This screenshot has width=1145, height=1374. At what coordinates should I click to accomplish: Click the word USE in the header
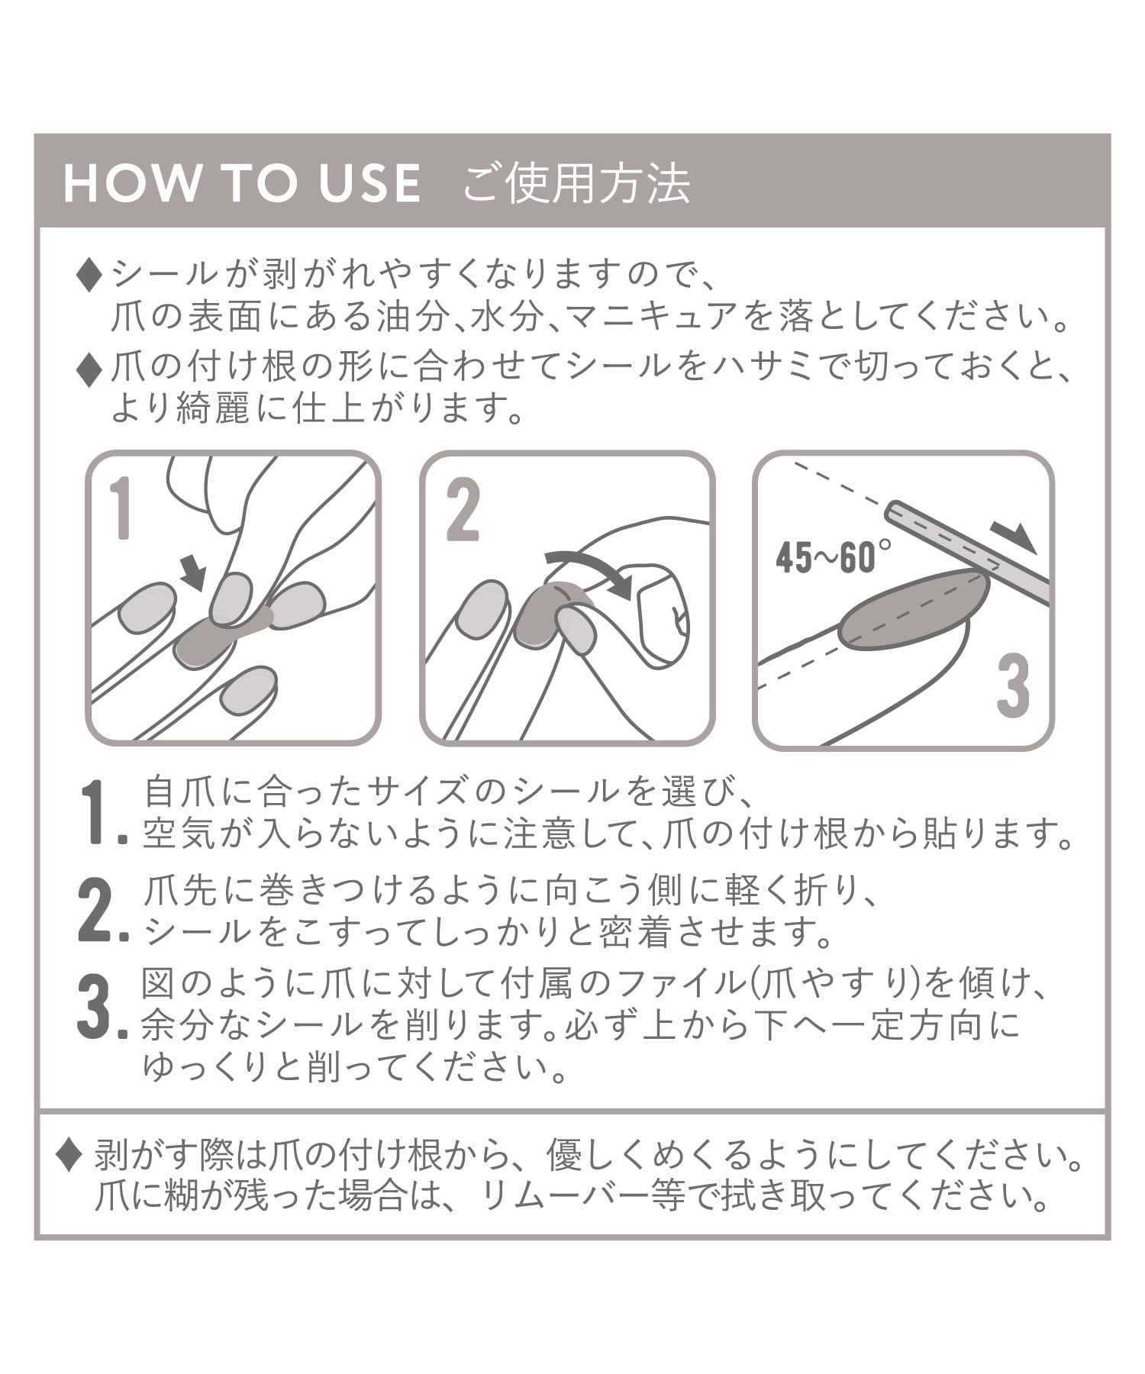click(371, 183)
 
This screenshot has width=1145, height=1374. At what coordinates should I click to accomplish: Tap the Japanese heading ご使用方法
click(576, 183)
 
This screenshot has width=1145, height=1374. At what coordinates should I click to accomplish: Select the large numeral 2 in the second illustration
click(463, 509)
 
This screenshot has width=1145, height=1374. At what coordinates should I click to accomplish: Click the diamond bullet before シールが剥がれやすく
click(89, 276)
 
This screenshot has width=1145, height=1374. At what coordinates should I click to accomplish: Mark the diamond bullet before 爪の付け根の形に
click(89, 371)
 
